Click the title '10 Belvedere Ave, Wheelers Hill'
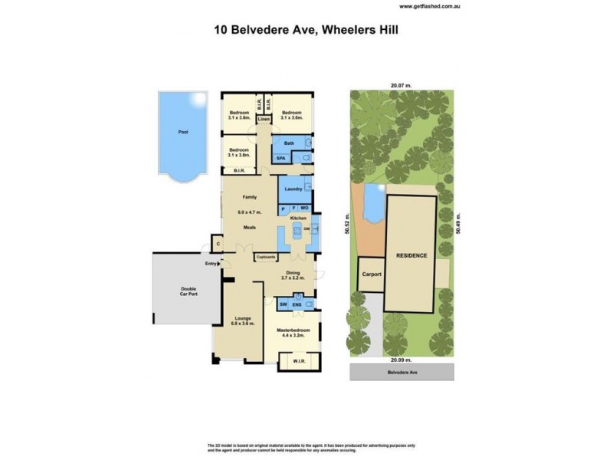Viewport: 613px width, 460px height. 307,31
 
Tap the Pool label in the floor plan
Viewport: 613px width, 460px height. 182,132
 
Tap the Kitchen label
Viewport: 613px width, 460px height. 298,219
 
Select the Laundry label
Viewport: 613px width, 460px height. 290,189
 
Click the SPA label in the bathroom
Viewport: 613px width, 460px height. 281,157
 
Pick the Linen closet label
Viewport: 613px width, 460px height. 264,120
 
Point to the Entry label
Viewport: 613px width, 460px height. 211,264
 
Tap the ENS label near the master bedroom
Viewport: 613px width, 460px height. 296,304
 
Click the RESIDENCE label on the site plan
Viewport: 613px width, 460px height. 411,255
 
